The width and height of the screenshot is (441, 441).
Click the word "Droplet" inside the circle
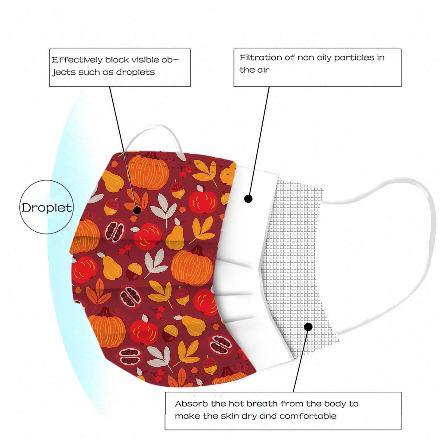[47, 207]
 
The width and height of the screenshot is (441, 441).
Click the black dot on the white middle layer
[248, 198]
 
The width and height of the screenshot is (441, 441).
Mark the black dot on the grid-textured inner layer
[308, 327]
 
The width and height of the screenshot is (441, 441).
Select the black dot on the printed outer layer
[137, 210]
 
